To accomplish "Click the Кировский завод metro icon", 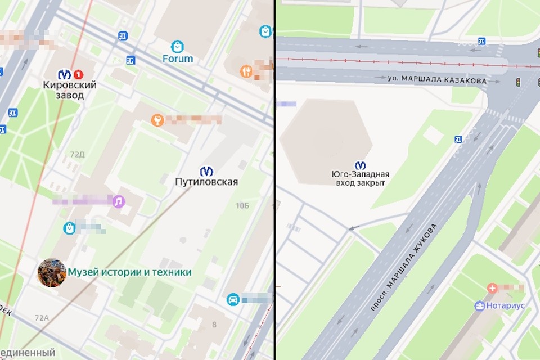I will pos(65,73).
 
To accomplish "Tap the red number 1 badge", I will pos(78,73).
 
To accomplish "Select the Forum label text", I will pos(178,58).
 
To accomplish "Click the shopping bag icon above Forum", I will pos(178,46).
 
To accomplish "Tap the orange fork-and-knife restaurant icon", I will pos(245,71).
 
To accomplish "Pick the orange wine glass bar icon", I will pos(158,119).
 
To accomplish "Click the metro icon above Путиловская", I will pos(206,170).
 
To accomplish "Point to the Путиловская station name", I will pos(206,182).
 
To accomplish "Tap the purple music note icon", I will pos(118,201).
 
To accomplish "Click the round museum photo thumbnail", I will pos(51,272).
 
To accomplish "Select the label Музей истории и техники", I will pos(129,272).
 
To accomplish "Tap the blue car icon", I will pos(232,299).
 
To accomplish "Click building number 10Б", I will pos(242,206).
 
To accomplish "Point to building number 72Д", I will pos(77,154).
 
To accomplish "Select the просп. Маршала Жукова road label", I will pos(404,267).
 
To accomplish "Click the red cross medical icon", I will pos(493,289).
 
